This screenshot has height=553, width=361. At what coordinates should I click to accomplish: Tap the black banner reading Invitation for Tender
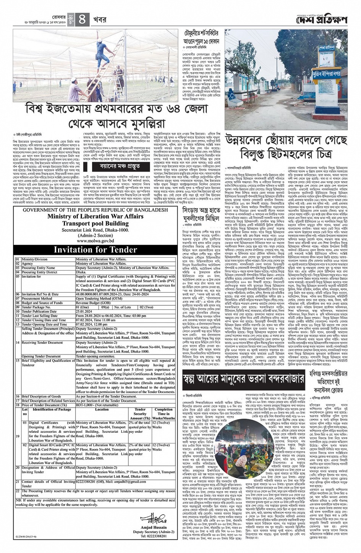click(x=95, y=250)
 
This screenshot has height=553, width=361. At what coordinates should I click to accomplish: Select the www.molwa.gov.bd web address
click(x=95, y=241)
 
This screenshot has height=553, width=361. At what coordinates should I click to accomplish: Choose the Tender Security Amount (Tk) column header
click(x=140, y=414)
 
